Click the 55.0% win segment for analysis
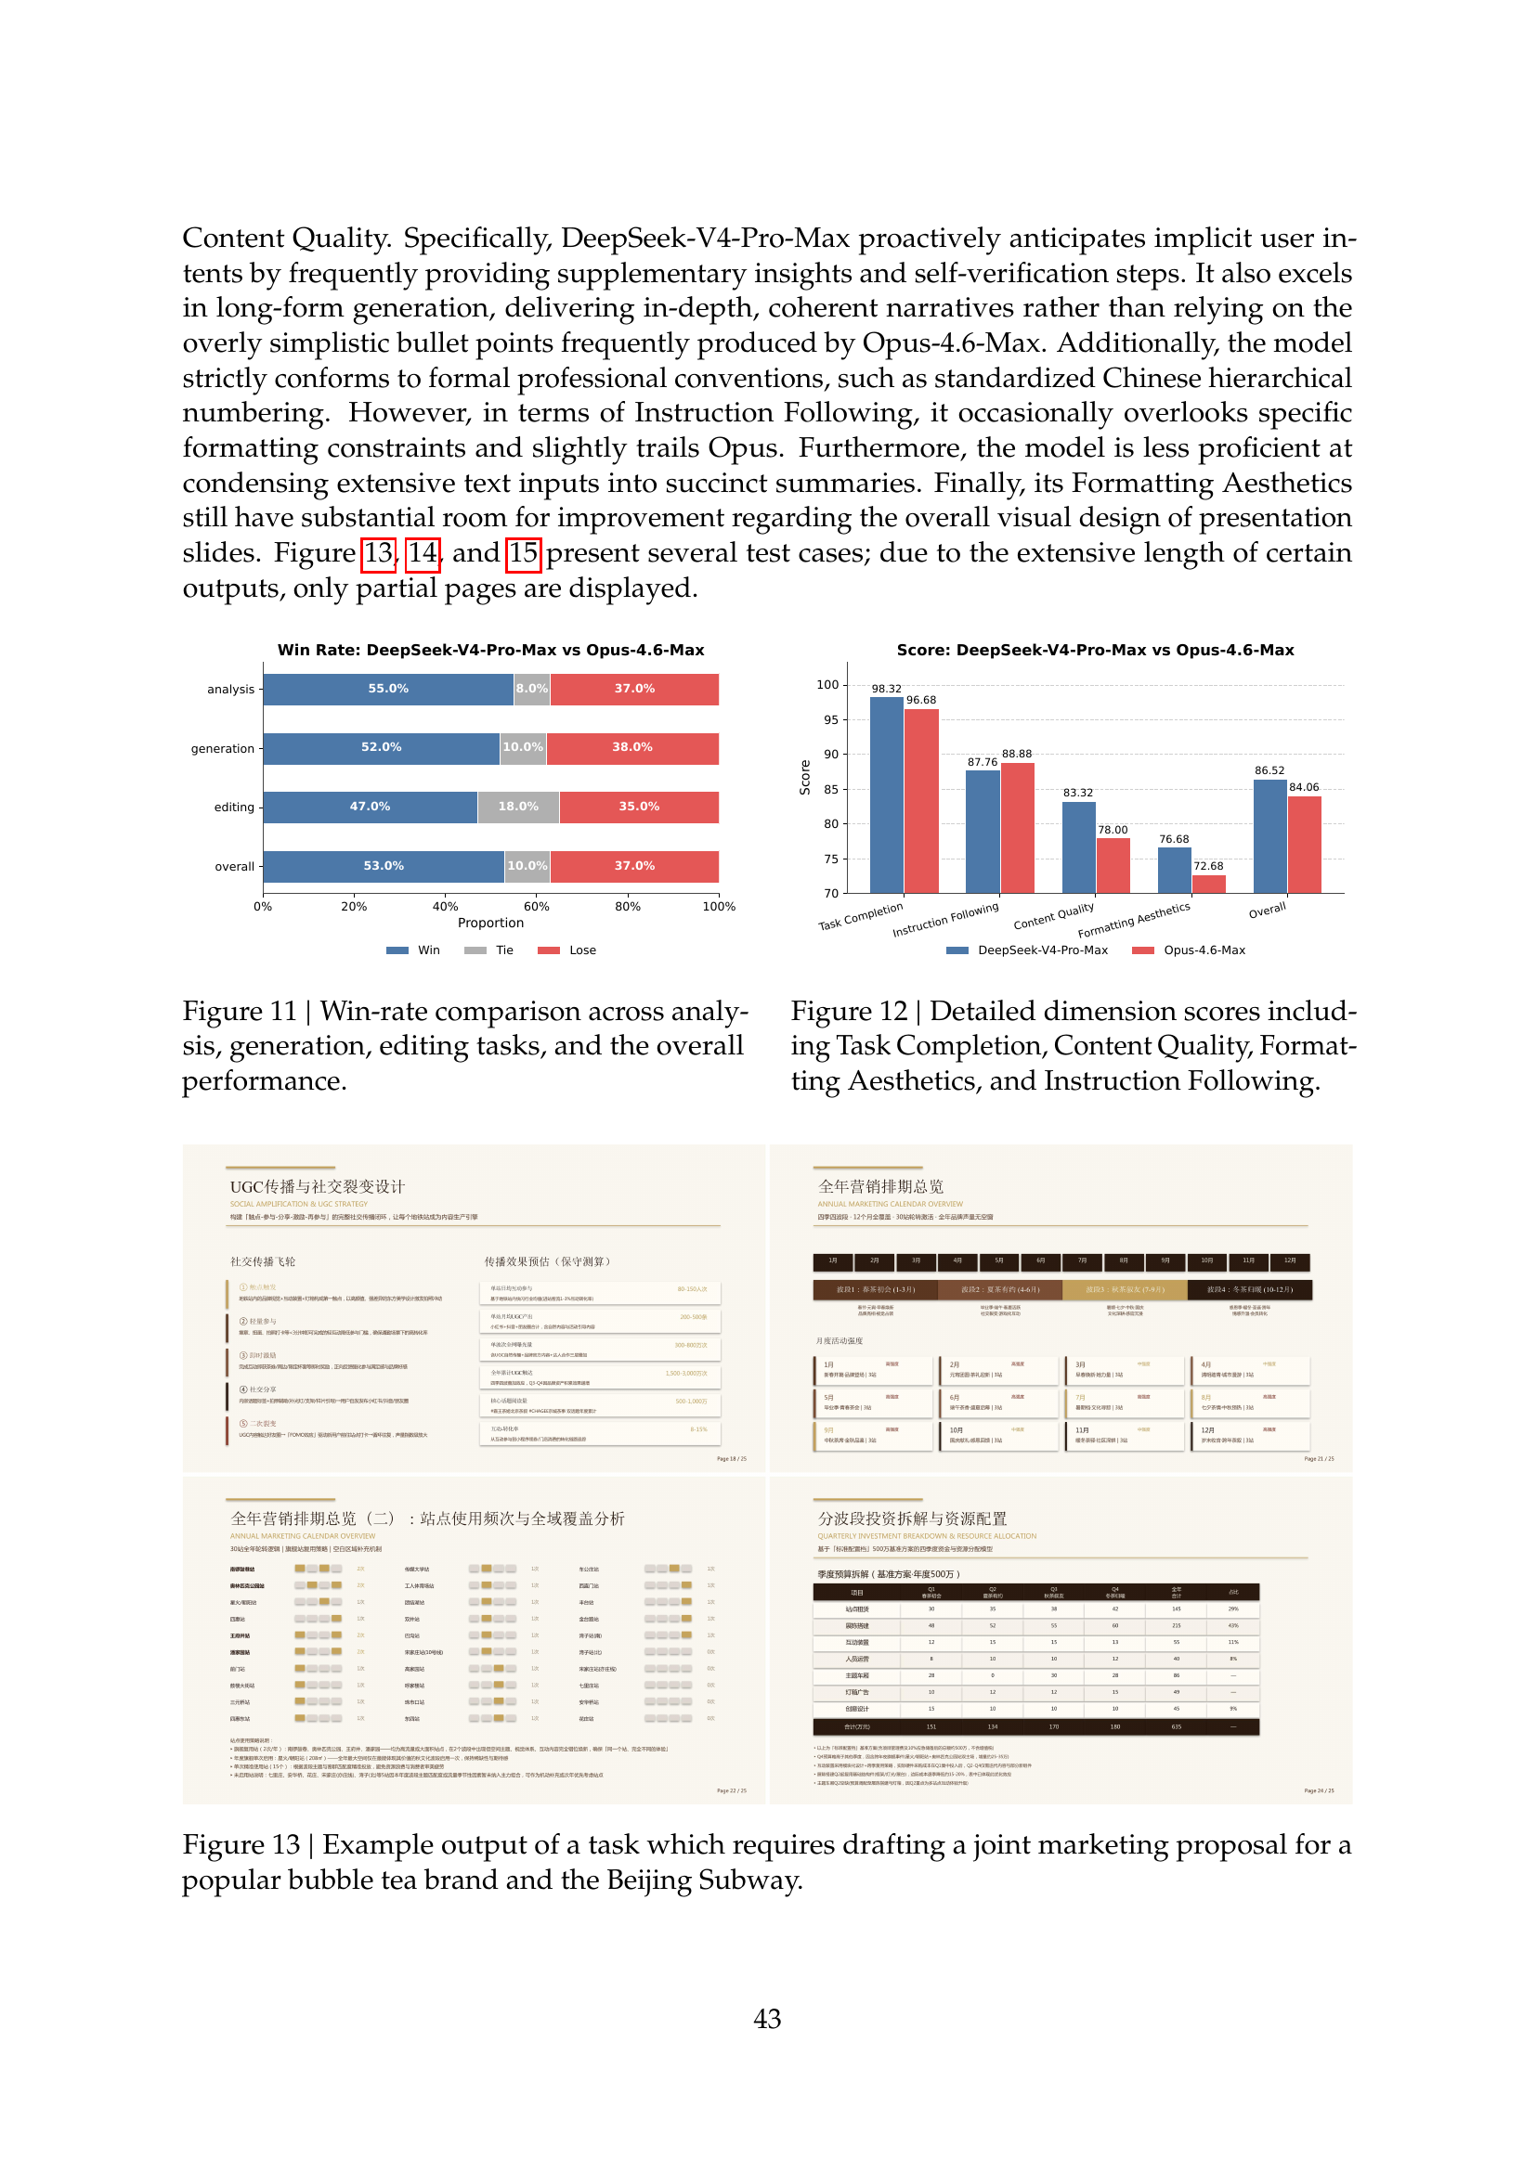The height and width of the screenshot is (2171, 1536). pos(388,690)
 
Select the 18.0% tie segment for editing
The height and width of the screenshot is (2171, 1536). pos(518,808)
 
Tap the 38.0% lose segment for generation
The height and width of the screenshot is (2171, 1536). pos(631,748)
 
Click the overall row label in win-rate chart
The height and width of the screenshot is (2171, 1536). pos(234,867)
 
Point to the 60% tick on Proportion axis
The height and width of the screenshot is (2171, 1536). pos(536,907)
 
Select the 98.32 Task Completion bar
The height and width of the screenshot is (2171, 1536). pos(886,795)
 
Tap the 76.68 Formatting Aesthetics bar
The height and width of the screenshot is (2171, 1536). pos(1174,870)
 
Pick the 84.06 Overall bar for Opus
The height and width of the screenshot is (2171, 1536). pos(1304,844)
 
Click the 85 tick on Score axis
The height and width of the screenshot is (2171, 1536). pos(830,790)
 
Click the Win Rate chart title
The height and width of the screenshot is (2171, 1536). pos(490,651)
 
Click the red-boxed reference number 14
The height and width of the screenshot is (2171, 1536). pos(423,553)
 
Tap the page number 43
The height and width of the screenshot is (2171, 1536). pos(767,2019)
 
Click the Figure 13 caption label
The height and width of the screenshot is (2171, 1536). pos(241,1844)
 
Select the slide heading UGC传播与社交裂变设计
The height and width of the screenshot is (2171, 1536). pos(317,1187)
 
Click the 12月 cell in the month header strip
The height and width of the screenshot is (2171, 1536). pos(1289,1261)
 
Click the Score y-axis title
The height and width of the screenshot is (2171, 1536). pos(805,777)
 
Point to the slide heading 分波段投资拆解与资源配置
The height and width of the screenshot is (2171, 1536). pos(912,1518)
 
